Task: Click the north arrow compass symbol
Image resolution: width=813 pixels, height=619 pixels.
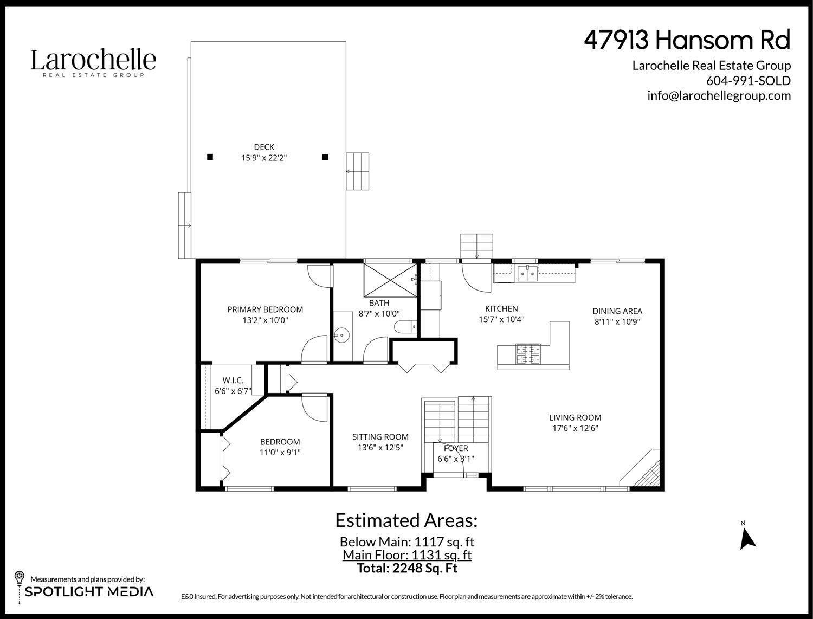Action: [x=748, y=537]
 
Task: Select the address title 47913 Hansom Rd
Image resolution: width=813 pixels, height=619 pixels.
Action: [x=687, y=40]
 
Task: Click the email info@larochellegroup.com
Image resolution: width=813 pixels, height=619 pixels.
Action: [x=719, y=95]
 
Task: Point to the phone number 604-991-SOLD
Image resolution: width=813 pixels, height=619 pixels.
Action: [x=748, y=80]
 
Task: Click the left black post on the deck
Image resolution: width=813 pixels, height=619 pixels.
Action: [x=210, y=157]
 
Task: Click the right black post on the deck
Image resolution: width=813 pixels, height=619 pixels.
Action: [x=325, y=157]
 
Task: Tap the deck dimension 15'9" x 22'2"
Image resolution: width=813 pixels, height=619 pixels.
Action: [x=264, y=158]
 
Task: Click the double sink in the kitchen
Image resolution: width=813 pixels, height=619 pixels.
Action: [x=526, y=274]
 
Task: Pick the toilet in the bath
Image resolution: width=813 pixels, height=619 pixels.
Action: [x=404, y=327]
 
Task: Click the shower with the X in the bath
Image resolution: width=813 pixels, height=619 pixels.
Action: [x=390, y=277]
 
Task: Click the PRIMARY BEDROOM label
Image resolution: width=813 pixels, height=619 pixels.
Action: [x=265, y=309]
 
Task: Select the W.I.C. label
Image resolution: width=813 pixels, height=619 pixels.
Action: [x=233, y=381]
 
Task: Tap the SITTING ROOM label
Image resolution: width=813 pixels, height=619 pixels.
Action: [x=380, y=437]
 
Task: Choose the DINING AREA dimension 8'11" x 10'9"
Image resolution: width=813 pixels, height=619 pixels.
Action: [x=617, y=321]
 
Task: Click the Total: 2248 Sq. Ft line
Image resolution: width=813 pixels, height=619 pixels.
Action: [x=407, y=568]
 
